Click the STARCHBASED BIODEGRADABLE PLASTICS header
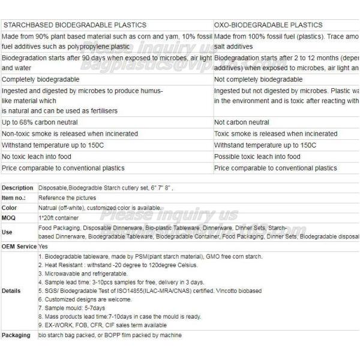pos(74,25)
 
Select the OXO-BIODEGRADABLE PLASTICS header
pos(260,25)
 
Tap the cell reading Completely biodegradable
pos(41,79)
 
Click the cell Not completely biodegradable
pos(258,79)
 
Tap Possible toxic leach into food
pos(257,157)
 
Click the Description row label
pos(17,188)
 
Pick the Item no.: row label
pos(15,197)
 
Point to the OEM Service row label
pos(19,246)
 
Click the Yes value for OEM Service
pos(43,246)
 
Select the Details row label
pos(11,290)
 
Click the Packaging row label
pos(16,335)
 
